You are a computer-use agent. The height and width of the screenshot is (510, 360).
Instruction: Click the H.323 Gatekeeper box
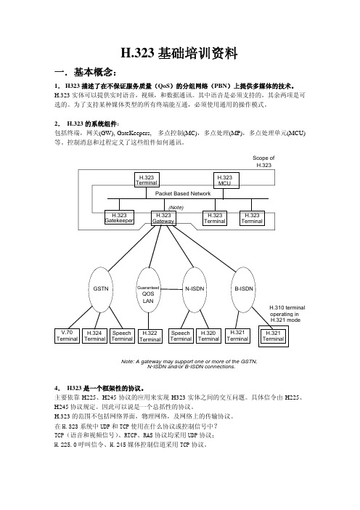(119, 218)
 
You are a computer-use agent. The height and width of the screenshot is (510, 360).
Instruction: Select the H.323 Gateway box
(163, 218)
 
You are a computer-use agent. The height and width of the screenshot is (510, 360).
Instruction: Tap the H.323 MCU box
(226, 180)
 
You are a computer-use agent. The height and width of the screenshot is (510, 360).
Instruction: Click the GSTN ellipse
(101, 289)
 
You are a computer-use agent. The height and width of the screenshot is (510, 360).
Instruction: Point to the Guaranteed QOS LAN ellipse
(148, 290)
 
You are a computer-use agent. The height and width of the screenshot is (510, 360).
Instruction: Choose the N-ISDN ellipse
(195, 289)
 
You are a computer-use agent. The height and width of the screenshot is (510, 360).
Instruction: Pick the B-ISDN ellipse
(243, 289)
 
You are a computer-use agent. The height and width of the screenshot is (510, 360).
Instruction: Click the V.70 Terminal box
(67, 336)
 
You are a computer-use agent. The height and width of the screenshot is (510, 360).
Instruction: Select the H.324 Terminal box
(94, 336)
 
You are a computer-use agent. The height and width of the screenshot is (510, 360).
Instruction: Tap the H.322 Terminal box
(150, 336)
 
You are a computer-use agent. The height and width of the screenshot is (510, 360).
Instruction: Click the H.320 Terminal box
(208, 336)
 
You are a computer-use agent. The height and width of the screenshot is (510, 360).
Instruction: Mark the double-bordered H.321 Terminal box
(273, 336)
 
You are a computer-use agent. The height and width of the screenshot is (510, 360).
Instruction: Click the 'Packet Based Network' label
(183, 193)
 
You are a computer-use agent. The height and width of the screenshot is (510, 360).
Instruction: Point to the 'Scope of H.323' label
(263, 161)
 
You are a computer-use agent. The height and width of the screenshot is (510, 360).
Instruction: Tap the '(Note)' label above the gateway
(176, 207)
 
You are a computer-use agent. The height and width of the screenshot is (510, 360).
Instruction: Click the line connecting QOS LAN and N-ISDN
(171, 289)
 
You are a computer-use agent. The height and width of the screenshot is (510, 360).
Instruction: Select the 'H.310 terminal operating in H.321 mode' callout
(287, 314)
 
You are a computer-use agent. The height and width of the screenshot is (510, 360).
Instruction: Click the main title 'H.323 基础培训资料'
(179, 53)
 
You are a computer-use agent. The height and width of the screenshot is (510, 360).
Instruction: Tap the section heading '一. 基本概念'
(86, 72)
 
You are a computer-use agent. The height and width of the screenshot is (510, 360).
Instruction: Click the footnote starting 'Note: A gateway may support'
(189, 364)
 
